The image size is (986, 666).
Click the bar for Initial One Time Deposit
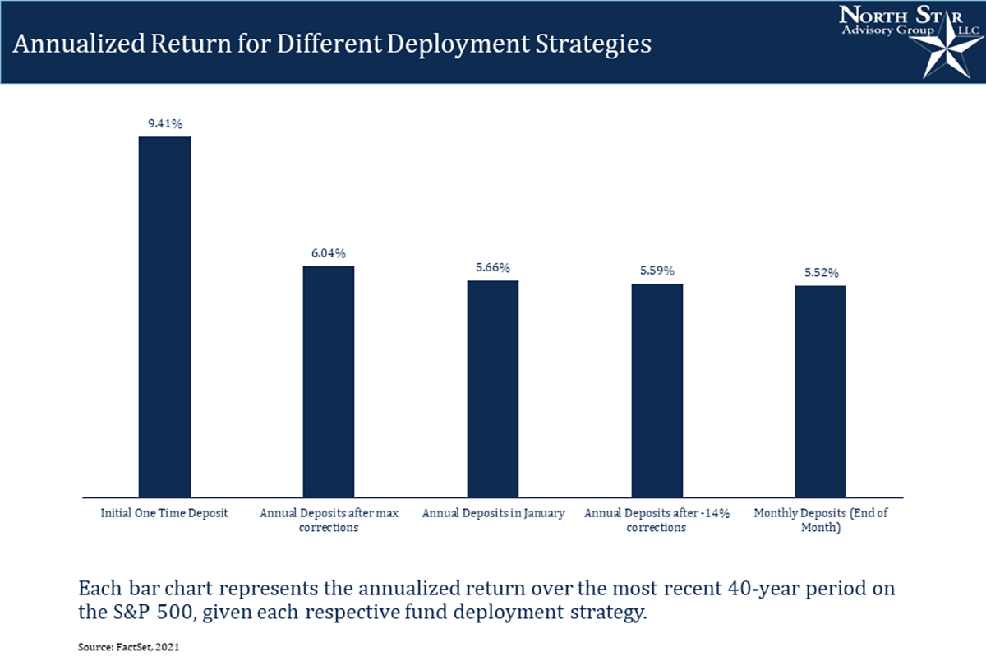[164, 317]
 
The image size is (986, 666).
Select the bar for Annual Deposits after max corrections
[329, 382]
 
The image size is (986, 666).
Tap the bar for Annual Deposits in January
[493, 389]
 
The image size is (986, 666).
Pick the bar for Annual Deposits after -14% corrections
[657, 390]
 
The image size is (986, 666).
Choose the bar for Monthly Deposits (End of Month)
[821, 391]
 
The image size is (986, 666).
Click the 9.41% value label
[164, 124]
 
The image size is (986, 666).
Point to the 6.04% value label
[329, 254]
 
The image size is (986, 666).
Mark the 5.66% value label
[493, 268]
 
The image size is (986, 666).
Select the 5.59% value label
[657, 271]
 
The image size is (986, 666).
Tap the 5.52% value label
[821, 273]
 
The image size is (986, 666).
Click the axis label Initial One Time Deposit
[164, 513]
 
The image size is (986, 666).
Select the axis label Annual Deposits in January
[493, 513]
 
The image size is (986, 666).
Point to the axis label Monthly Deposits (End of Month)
[821, 520]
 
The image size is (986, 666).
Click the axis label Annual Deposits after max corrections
[329, 520]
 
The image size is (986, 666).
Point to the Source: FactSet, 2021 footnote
[128, 648]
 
